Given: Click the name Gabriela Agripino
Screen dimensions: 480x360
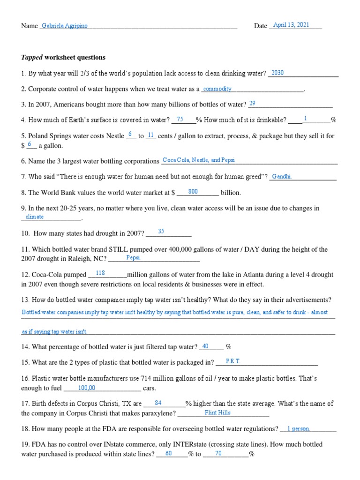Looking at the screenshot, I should click(x=65, y=26).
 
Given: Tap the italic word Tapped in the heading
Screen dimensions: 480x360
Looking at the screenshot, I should click(x=32, y=58).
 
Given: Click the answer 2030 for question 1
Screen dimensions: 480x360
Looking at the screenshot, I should click(x=277, y=73).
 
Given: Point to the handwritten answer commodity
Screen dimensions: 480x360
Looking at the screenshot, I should click(x=217, y=89).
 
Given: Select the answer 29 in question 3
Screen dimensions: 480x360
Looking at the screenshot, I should click(x=252, y=104).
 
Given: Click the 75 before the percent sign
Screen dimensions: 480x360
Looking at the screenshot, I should click(x=180, y=120).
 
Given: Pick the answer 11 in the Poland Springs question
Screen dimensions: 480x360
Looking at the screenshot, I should click(x=150, y=135).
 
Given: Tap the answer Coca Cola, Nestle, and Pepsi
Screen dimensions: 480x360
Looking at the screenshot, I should click(x=198, y=160).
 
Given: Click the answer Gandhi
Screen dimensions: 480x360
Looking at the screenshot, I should click(x=282, y=176).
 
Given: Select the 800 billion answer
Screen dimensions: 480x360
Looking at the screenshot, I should click(x=193, y=192).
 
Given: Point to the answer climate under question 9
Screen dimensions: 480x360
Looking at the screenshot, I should click(x=35, y=217).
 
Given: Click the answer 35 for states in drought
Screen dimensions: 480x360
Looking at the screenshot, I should click(x=161, y=232).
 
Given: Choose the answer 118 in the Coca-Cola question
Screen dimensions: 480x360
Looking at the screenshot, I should click(x=100, y=273).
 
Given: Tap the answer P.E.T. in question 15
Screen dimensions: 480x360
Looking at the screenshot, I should click(x=233, y=361).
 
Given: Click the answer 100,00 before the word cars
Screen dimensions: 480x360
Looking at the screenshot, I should click(x=87, y=388).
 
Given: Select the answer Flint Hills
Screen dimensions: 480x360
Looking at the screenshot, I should click(x=217, y=413).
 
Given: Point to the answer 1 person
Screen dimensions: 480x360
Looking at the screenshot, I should click(x=298, y=428).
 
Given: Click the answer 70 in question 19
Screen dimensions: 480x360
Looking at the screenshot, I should click(x=218, y=453).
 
